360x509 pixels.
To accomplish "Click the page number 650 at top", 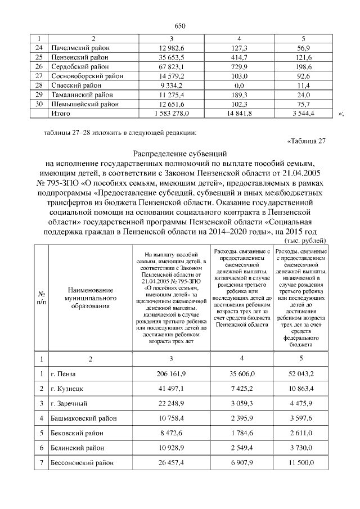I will (179, 26).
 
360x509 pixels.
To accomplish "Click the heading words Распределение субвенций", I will (179, 153).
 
